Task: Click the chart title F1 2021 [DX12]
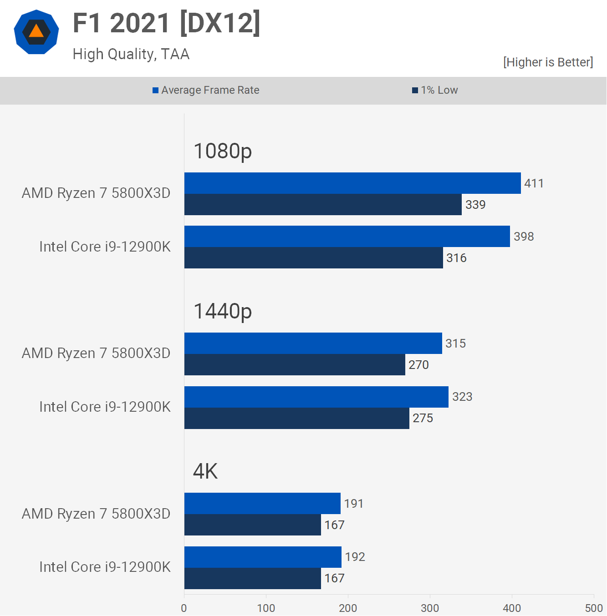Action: [x=167, y=23]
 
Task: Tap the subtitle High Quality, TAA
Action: [x=131, y=54]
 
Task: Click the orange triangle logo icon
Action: [x=36, y=32]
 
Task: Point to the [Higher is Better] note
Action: [x=548, y=62]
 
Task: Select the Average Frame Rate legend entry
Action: [x=206, y=90]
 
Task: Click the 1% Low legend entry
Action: [x=435, y=90]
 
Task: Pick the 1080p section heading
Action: [x=223, y=151]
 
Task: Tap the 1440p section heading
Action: [x=223, y=311]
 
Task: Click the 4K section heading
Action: [x=205, y=471]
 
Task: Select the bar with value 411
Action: [x=352, y=183]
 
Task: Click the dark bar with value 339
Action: [x=323, y=205]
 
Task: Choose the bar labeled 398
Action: [x=347, y=237]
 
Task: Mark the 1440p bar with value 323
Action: [x=316, y=397]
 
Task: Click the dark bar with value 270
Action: [x=295, y=365]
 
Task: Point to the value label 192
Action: [x=355, y=557]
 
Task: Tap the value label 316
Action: [x=456, y=258]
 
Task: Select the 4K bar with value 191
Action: [x=262, y=504]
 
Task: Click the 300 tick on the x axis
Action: [x=430, y=608]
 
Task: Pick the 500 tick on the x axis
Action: [x=594, y=608]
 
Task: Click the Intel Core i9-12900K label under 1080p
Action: [x=105, y=247]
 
